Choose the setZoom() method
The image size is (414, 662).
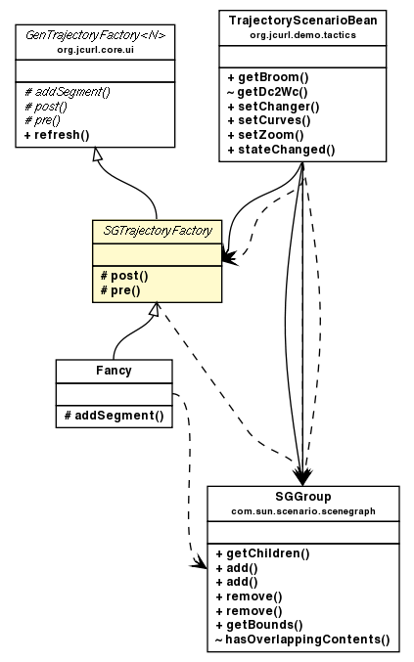point(264,135)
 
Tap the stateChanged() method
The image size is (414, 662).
point(280,150)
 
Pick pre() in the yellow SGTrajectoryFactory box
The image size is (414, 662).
point(118,289)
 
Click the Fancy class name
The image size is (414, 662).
point(114,371)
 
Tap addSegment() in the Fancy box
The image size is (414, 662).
point(114,416)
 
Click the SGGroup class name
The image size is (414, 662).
point(302,497)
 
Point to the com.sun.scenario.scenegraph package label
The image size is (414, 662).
point(302,510)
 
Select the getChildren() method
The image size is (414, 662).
point(262,552)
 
